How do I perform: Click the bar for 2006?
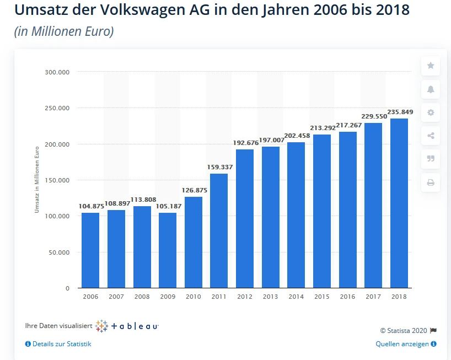tap(90, 250)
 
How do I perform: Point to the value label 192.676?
tap(245, 143)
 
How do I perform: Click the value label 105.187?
tap(168, 206)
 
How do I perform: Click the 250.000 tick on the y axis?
tap(57, 108)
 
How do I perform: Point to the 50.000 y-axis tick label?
tap(58, 252)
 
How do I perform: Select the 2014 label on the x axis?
tap(296, 297)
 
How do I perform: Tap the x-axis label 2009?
tap(168, 297)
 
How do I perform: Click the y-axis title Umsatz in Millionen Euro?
tap(37, 179)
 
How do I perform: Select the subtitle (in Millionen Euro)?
tap(64, 31)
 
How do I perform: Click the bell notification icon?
tap(431, 89)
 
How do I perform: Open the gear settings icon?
tap(431, 112)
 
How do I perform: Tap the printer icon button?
tap(431, 182)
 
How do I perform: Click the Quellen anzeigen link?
tap(406, 344)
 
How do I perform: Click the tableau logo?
tap(127, 326)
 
